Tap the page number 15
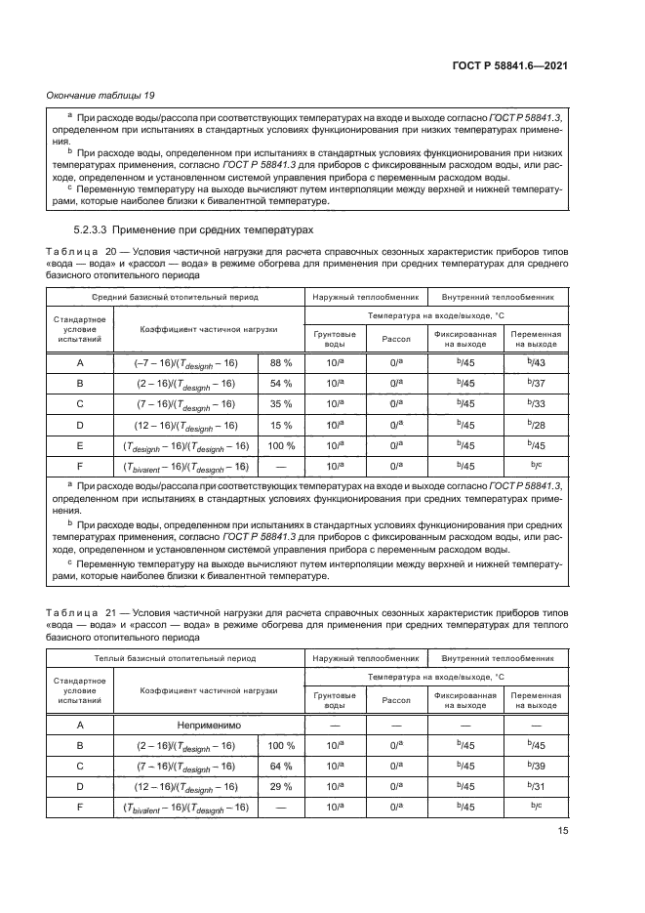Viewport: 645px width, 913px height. tap(563, 831)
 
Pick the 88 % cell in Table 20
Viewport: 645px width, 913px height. tap(281, 363)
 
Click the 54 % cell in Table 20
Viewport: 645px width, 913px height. tap(281, 383)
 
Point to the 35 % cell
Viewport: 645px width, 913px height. tap(281, 403)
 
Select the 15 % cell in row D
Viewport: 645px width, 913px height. tap(281, 424)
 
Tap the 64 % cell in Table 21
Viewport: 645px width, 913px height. tap(281, 766)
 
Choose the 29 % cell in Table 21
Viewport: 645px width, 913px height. tap(281, 786)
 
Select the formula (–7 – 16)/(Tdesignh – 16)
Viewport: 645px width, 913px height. tap(186, 363)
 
